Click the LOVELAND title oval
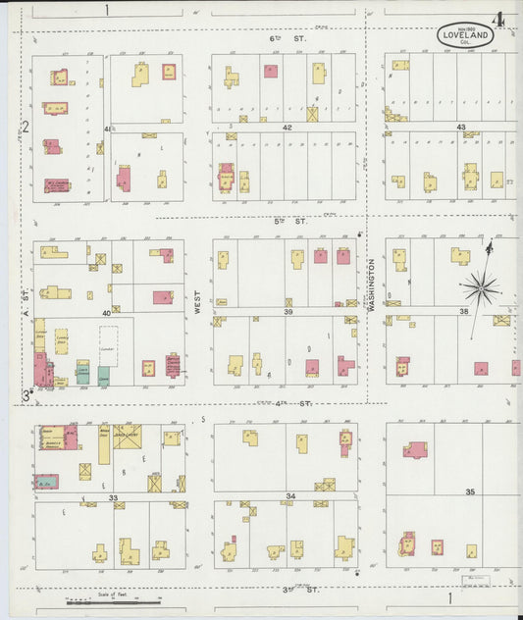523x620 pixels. pos(465,36)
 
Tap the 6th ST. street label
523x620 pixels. pos(288,39)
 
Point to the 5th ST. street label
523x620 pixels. pos(289,221)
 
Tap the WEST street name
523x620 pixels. pos(197,301)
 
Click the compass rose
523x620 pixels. pos(481,285)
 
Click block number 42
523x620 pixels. pos(287,128)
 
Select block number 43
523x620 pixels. pos(460,128)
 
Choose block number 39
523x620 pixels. pos(288,311)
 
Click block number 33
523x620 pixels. pos(114,498)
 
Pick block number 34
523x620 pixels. pos(290,496)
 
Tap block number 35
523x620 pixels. pos(470,491)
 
